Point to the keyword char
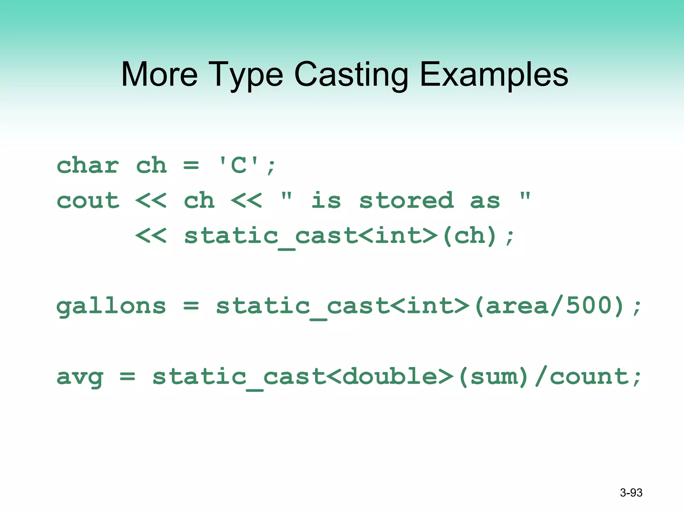(x=88, y=165)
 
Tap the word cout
(x=88, y=200)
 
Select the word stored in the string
(x=406, y=200)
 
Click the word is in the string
(x=326, y=200)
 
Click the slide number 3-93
(x=631, y=493)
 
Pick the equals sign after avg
(x=128, y=377)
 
